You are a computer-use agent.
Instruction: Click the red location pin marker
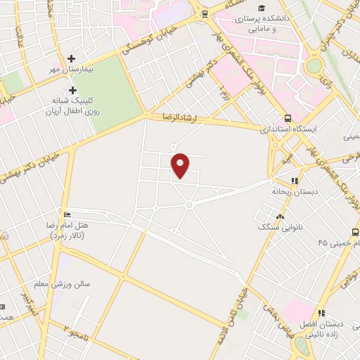click(x=181, y=166)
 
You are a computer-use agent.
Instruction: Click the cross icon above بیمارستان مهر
click(x=71, y=59)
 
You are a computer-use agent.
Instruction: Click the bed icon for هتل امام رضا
click(x=67, y=214)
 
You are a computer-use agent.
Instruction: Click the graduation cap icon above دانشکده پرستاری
click(x=262, y=8)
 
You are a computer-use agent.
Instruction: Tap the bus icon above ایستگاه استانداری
click(x=288, y=118)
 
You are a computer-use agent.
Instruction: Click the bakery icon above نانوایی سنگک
click(x=280, y=217)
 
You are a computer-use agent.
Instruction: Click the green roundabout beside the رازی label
click(x=314, y=65)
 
